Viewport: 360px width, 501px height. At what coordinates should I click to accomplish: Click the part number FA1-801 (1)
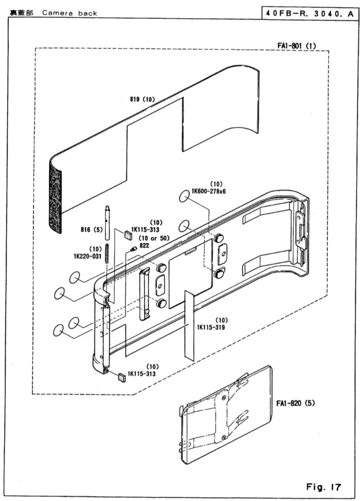[296, 46]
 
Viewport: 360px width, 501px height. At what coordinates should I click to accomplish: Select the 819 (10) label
[142, 99]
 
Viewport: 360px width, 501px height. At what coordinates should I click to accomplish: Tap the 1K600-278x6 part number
[208, 191]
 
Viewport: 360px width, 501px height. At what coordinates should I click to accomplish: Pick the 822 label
[144, 245]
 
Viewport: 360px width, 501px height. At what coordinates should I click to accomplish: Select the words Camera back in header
[70, 13]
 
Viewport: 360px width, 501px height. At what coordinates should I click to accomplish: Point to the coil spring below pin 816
[107, 253]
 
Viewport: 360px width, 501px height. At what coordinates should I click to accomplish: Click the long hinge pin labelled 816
[107, 223]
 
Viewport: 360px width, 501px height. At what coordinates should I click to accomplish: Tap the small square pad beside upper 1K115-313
[127, 235]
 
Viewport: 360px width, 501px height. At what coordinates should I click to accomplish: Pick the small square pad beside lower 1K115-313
[122, 377]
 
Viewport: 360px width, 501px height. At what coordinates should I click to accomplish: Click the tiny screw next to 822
[133, 249]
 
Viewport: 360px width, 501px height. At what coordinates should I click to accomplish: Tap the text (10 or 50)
[154, 238]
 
